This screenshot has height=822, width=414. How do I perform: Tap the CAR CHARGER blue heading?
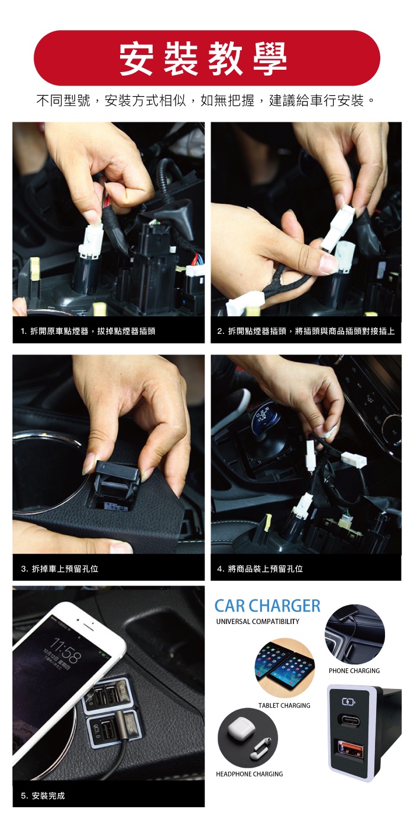(x=267, y=606)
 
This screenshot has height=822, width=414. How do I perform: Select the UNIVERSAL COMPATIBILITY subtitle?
(x=257, y=621)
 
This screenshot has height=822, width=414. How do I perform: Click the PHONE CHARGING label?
(x=354, y=671)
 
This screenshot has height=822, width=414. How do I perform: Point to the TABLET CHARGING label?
(x=284, y=706)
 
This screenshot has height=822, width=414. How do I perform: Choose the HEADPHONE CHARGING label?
(x=250, y=774)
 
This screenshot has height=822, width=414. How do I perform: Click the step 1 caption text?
(x=88, y=331)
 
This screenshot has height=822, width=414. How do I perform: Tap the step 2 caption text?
(x=306, y=331)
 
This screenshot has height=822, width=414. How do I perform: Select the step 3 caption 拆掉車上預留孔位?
(x=60, y=569)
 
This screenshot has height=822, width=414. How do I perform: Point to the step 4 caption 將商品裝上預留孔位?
(x=260, y=569)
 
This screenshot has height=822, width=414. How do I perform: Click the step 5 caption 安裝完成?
(x=43, y=795)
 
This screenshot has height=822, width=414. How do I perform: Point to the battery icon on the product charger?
(x=348, y=702)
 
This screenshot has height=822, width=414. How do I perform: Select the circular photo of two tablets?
(x=285, y=668)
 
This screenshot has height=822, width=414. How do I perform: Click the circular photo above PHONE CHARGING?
(x=354, y=634)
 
